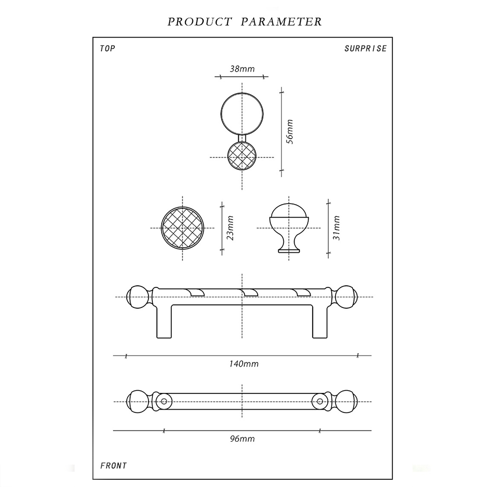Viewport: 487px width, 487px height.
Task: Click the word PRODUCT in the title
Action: click(199, 22)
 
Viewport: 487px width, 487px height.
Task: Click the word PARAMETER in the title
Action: click(281, 22)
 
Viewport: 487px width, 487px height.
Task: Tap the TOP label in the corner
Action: click(107, 49)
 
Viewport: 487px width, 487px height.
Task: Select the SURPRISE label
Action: click(365, 49)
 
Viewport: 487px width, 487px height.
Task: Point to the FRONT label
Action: click(113, 466)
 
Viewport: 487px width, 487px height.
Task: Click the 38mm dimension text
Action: click(242, 69)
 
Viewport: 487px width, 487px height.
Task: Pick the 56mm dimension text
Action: click(289, 131)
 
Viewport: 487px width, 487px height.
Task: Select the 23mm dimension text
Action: click(231, 228)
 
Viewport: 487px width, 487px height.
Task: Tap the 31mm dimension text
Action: click(336, 227)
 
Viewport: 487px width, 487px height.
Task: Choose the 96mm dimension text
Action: click(242, 439)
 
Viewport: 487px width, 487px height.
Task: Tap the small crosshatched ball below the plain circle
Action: click(242, 157)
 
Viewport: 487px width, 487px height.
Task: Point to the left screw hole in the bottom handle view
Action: click(164, 402)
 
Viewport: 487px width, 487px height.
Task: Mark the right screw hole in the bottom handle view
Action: click(320, 402)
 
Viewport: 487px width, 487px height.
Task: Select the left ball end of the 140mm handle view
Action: click(137, 297)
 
